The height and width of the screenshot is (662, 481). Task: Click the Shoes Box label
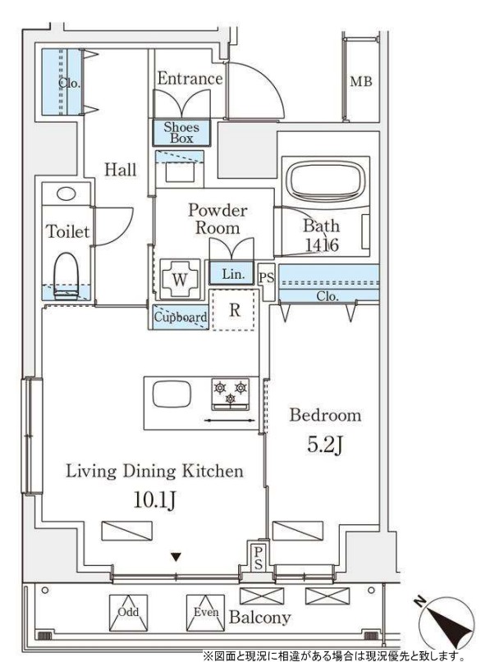coord(181,133)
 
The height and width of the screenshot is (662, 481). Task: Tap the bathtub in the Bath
coord(325,180)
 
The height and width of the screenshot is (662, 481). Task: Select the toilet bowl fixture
coord(66,276)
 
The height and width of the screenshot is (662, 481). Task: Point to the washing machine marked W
coord(180,279)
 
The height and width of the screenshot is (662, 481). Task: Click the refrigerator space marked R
coord(235,310)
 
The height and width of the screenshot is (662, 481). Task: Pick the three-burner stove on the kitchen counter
coord(230,395)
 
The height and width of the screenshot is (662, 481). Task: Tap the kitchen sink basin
coord(172,394)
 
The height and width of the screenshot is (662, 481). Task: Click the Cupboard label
coord(181,317)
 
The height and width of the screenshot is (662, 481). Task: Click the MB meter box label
coord(361,81)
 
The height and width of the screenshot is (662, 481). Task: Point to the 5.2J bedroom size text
coord(324,445)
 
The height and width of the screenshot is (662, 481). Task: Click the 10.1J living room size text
coord(154,500)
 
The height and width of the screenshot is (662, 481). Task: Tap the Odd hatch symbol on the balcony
coord(128,613)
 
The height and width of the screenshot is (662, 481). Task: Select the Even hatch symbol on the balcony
coord(206,613)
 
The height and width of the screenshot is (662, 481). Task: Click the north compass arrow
coord(447,625)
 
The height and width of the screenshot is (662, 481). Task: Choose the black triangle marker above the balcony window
coord(176,557)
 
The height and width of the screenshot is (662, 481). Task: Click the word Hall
coord(121,170)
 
